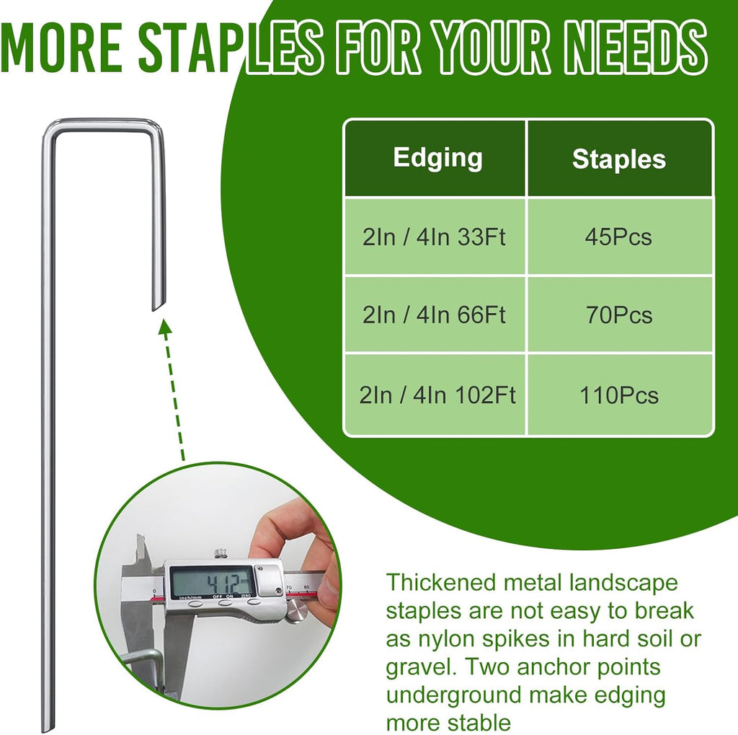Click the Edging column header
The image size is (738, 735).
point(437,158)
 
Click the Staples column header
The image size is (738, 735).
point(618,159)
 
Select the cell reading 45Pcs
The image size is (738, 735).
point(618,237)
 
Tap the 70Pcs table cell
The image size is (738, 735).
point(618,315)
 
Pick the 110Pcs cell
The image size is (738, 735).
point(618,395)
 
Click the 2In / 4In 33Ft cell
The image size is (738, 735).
point(434,237)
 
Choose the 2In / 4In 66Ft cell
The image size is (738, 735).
point(434,315)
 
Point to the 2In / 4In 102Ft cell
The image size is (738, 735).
point(437,395)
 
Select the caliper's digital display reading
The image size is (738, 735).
point(213,581)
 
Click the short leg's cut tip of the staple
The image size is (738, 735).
point(158,303)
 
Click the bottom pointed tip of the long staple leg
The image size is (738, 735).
point(46,725)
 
